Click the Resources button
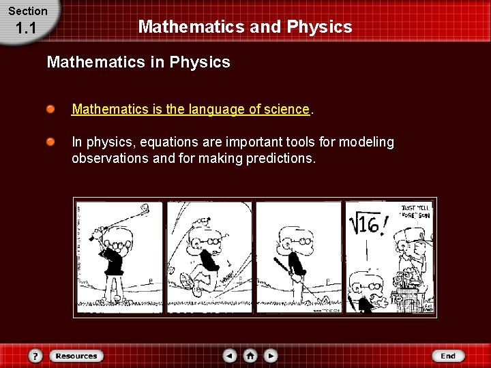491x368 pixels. [76, 356]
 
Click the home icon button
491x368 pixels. [250, 356]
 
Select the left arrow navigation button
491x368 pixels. [230, 356]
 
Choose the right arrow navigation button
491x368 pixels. [271, 356]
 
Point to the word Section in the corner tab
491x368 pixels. [28, 11]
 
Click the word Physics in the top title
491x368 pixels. [320, 27]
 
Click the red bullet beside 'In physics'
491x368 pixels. [51, 142]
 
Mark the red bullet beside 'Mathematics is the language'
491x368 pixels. [51, 109]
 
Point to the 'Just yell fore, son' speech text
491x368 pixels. [415, 211]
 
